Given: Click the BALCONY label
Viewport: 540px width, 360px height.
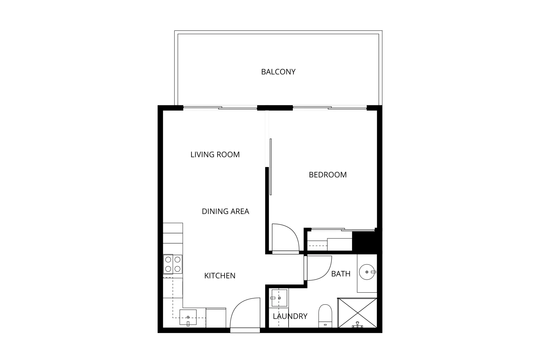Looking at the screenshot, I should click(x=278, y=72).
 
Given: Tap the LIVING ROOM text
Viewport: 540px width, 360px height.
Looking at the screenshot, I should click(x=215, y=154).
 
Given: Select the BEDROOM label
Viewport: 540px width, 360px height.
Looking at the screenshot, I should click(x=327, y=175).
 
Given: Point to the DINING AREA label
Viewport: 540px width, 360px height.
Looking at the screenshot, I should click(x=225, y=211).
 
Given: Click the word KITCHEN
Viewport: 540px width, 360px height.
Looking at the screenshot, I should click(x=220, y=276).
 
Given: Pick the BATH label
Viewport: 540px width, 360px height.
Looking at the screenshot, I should click(x=340, y=274).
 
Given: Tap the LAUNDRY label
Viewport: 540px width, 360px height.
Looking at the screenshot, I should click(x=290, y=316).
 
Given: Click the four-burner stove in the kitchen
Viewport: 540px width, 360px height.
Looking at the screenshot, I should click(x=173, y=264).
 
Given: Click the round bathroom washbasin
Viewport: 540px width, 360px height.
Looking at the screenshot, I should click(x=367, y=272).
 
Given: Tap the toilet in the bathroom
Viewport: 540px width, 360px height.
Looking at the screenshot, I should click(x=325, y=315).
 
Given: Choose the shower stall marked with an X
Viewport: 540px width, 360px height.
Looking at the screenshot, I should click(x=357, y=313).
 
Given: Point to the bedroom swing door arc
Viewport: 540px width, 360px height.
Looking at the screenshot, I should click(x=286, y=237).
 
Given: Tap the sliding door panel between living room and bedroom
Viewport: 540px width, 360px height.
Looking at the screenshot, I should click(x=271, y=167).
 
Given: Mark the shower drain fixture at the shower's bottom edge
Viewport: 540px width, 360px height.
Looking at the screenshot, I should click(x=357, y=325).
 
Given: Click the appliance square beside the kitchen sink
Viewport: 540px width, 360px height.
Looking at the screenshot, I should click(x=216, y=318).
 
